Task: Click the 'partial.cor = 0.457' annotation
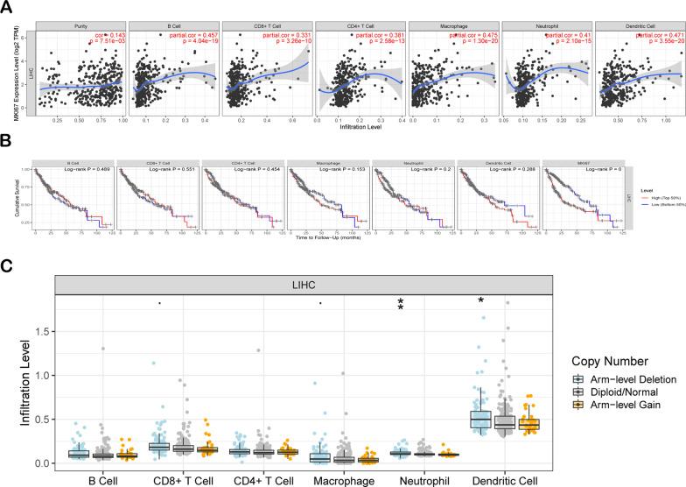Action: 192,36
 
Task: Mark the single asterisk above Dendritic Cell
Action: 480,301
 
